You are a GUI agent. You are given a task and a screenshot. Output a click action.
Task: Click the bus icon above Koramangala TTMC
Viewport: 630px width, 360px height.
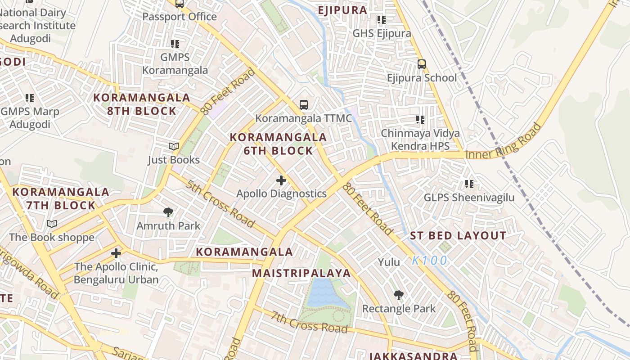pyautogui.click(x=304, y=105)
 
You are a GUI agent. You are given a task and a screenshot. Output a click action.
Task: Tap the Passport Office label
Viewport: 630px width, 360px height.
pyautogui.click(x=180, y=17)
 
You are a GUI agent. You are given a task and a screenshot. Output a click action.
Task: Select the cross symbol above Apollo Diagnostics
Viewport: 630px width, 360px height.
pyautogui.click(x=281, y=180)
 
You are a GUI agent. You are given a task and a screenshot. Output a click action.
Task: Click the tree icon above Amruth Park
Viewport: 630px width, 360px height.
pyautogui.click(x=168, y=212)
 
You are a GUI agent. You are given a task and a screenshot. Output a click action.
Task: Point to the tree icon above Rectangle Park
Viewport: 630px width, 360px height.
pyautogui.click(x=398, y=295)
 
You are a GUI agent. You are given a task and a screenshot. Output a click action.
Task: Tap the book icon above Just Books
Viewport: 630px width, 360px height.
pyautogui.click(x=174, y=146)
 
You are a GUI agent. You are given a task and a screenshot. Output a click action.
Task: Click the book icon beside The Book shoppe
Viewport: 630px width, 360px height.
pyautogui.click(x=52, y=224)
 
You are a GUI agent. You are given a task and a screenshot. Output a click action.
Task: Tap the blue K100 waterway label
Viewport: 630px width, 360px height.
pyautogui.click(x=430, y=261)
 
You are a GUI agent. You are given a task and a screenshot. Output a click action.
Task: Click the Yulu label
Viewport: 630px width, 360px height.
pyautogui.click(x=389, y=262)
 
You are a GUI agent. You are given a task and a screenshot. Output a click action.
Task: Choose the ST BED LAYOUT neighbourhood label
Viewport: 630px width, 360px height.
pyautogui.click(x=458, y=236)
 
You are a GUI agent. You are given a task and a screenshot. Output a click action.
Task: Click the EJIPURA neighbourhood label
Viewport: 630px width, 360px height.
pyautogui.click(x=342, y=10)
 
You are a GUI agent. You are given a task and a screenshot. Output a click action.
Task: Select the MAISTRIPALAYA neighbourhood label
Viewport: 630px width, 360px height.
pyautogui.click(x=301, y=273)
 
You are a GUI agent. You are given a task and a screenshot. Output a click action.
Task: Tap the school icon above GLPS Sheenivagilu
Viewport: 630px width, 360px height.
pyautogui.click(x=469, y=184)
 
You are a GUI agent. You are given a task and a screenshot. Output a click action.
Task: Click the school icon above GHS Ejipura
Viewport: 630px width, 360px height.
pyautogui.click(x=382, y=19)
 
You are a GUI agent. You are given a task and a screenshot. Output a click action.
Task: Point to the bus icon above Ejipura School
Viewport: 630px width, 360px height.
pyautogui.click(x=421, y=64)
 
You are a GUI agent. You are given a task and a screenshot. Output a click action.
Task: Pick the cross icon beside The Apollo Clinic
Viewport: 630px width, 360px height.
pyautogui.click(x=116, y=253)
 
